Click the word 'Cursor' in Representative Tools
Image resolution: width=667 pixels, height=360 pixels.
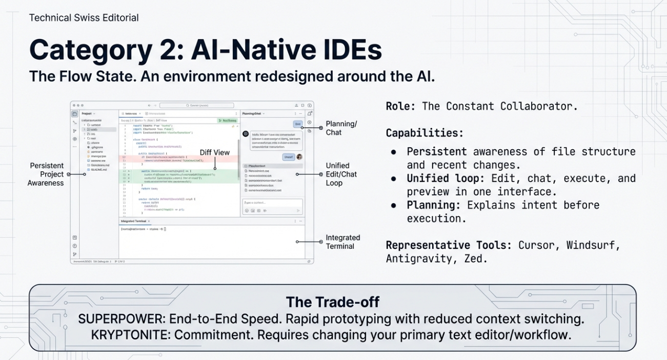click(x=537, y=245)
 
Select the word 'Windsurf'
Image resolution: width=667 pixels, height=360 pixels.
click(x=593, y=245)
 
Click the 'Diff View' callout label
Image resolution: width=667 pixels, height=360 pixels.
click(x=215, y=152)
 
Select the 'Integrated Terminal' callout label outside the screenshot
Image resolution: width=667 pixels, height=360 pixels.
click(x=342, y=242)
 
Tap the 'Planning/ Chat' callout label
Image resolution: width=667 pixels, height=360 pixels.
click(x=341, y=128)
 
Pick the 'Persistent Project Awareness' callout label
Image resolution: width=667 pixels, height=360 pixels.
click(x=46, y=174)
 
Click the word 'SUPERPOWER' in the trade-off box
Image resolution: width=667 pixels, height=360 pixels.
click(x=119, y=319)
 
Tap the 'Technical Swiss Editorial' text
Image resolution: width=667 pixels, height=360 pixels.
click(x=84, y=18)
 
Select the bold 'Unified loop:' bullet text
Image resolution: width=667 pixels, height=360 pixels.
click(x=446, y=178)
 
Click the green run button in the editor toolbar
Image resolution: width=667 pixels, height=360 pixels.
click(x=227, y=121)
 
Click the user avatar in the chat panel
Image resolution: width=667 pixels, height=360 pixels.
click(x=299, y=157)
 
